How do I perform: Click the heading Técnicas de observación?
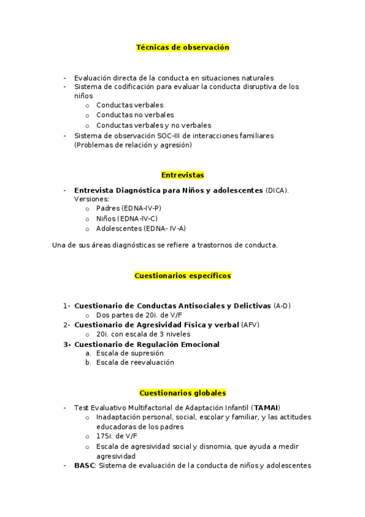[182, 47]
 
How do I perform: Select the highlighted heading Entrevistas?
[182, 175]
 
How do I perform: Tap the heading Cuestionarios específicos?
[182, 276]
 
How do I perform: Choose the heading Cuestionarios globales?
[182, 393]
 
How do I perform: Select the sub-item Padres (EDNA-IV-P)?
[129, 208]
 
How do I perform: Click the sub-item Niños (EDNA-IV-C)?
[127, 218]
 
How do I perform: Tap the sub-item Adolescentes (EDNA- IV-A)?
[141, 229]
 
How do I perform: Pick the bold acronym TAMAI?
[266, 407]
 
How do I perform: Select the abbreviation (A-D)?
[282, 305]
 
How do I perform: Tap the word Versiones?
[91, 199]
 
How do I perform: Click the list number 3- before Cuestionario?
[67, 344]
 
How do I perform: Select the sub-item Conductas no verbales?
[135, 115]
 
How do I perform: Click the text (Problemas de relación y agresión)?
[133, 145]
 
